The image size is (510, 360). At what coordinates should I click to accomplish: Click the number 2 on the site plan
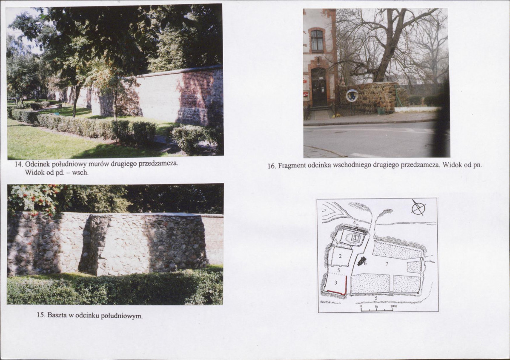[x=340, y=256]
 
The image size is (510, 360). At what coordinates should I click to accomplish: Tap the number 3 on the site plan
[x=336, y=283]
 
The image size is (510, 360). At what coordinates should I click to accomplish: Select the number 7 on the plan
[x=387, y=264]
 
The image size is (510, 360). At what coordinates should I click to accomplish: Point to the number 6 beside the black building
[x=365, y=263]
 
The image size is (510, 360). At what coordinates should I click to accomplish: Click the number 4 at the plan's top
[x=354, y=222]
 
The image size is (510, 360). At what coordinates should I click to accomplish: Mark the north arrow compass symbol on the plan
[x=418, y=207]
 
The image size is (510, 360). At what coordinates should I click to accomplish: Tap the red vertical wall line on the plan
[x=346, y=285]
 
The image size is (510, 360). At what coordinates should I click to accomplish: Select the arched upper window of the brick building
[x=316, y=40]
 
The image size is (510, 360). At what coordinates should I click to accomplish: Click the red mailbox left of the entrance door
[x=305, y=95]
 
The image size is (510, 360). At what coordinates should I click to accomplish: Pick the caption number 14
[x=19, y=164]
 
